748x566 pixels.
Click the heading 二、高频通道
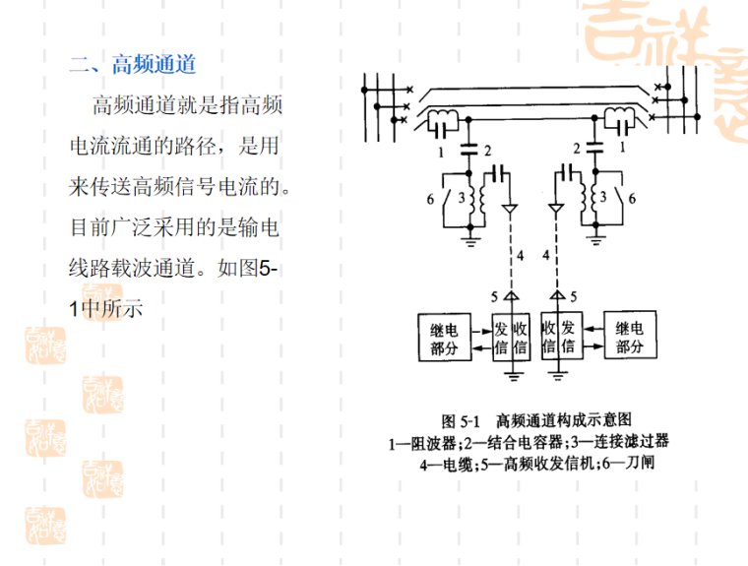tap(133, 66)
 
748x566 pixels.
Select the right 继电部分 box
tap(631, 338)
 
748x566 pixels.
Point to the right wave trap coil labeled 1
tap(620, 124)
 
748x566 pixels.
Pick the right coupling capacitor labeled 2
tap(594, 149)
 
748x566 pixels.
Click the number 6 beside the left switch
tap(430, 199)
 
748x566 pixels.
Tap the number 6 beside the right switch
tap(633, 199)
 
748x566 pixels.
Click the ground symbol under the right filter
tap(594, 236)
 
